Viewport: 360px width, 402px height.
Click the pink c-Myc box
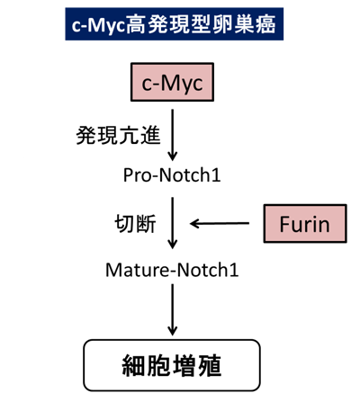[x=172, y=82]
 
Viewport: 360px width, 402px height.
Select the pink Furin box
[x=305, y=223]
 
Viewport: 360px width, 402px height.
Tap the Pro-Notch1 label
[x=172, y=175]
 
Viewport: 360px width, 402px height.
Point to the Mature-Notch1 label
[x=172, y=270]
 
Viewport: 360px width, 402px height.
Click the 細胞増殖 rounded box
[x=172, y=365]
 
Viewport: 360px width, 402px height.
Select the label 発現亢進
[x=118, y=136]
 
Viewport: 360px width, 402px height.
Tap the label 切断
[x=135, y=223]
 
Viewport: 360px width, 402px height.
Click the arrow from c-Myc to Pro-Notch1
[x=172, y=135]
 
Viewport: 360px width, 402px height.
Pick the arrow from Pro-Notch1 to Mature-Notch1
[x=172, y=223]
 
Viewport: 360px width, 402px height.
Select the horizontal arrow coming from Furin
[x=220, y=223]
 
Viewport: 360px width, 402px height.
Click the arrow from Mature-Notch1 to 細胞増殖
[x=172, y=309]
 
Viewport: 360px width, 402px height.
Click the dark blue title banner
[x=175, y=24]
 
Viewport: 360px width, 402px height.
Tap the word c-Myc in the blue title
[x=98, y=25]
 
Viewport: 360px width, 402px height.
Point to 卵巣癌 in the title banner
[x=245, y=24]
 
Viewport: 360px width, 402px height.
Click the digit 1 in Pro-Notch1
[x=216, y=174]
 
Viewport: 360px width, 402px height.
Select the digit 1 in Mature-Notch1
[x=233, y=270]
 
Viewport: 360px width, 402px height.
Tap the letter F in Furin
[x=285, y=224]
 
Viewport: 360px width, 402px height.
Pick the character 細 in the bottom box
[x=134, y=365]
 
